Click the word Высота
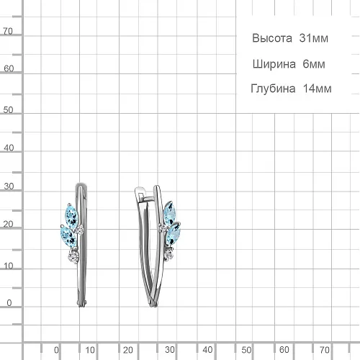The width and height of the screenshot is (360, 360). (272, 38)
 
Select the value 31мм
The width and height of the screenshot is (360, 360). (313, 38)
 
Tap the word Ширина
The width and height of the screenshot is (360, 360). (274, 64)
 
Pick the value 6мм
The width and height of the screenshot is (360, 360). (314, 64)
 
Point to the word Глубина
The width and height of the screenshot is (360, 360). (273, 89)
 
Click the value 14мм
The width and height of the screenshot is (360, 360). (317, 89)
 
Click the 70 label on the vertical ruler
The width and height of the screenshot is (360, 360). (8, 31)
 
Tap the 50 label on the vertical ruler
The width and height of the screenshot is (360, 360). (8, 110)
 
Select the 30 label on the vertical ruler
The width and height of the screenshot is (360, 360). (9, 186)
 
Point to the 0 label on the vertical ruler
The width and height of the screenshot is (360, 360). (9, 303)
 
